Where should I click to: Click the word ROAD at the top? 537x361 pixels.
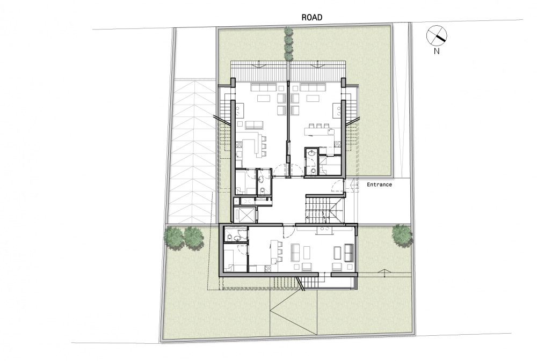point(311,17)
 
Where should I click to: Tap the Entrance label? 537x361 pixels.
point(379,185)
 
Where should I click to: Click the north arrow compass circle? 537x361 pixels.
point(437,35)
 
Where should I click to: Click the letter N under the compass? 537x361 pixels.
point(436,51)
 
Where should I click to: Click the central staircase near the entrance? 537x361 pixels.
point(324,209)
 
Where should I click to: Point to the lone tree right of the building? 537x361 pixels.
point(401,235)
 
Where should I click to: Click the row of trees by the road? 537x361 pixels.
point(289,43)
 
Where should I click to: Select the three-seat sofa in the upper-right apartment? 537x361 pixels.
point(313,87)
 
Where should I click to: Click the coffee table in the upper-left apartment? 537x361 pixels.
point(263,99)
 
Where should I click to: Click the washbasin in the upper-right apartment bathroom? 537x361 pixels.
point(311,153)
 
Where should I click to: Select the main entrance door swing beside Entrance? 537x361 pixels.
point(337,185)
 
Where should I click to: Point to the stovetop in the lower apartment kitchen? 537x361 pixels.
point(325,230)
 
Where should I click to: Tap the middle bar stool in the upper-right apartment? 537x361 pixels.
point(318,126)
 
